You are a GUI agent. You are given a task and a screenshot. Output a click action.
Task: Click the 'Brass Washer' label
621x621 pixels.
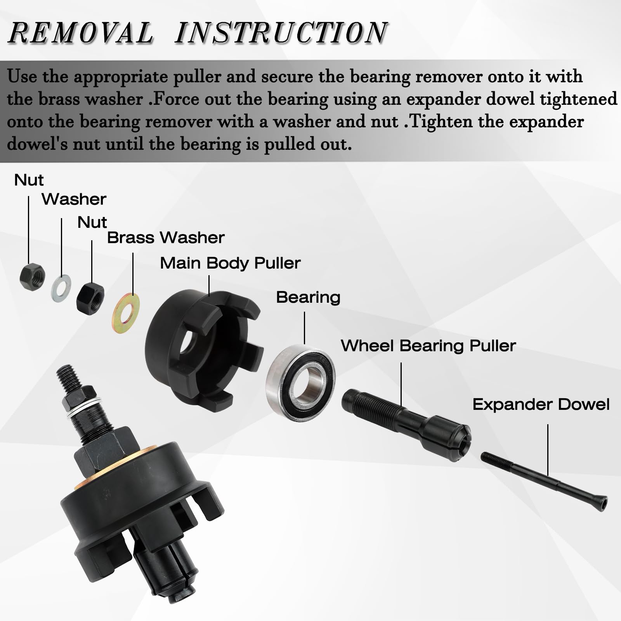click(166, 238)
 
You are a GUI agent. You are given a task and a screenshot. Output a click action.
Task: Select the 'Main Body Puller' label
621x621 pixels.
click(230, 263)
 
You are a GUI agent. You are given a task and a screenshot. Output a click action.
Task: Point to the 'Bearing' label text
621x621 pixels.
click(308, 298)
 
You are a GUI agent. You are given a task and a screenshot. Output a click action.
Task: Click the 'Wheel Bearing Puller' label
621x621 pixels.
click(428, 346)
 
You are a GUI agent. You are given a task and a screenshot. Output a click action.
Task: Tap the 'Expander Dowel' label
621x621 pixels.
click(541, 405)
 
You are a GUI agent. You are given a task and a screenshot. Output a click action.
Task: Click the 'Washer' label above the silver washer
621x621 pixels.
click(74, 199)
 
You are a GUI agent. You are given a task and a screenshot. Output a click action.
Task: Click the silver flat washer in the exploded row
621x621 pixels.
click(61, 288)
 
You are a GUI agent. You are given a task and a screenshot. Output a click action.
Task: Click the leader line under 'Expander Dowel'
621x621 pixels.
click(548, 450)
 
